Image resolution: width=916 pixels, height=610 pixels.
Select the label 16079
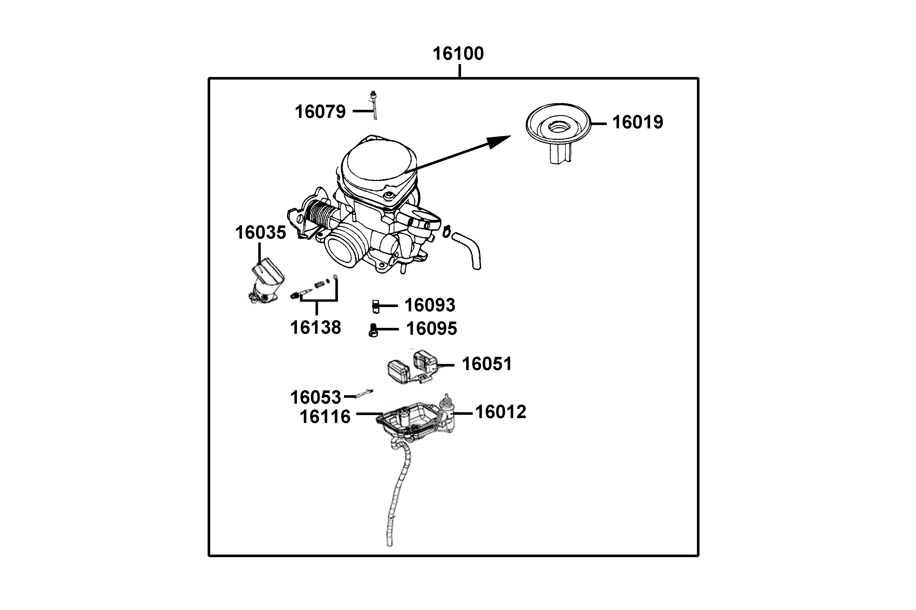click(x=320, y=112)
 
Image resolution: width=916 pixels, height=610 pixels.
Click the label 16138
click(x=316, y=328)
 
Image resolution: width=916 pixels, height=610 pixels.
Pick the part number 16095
click(x=431, y=329)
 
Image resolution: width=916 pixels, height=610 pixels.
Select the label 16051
click(x=487, y=364)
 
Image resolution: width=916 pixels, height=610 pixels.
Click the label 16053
click(x=316, y=398)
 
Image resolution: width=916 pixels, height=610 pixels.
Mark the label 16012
click(x=500, y=412)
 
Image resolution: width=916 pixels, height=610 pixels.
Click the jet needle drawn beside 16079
click(x=374, y=106)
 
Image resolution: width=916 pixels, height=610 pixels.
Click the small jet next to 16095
click(x=373, y=330)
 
